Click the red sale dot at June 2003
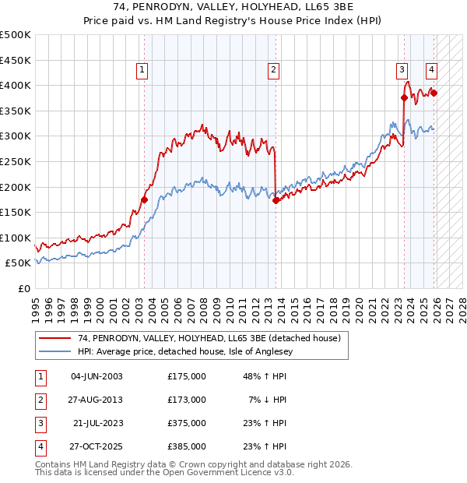point(144,199)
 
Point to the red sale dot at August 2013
point(276,200)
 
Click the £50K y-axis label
point(19,263)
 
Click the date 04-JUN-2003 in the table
point(97,376)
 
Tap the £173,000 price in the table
point(187,400)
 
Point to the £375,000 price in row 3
point(187,423)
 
